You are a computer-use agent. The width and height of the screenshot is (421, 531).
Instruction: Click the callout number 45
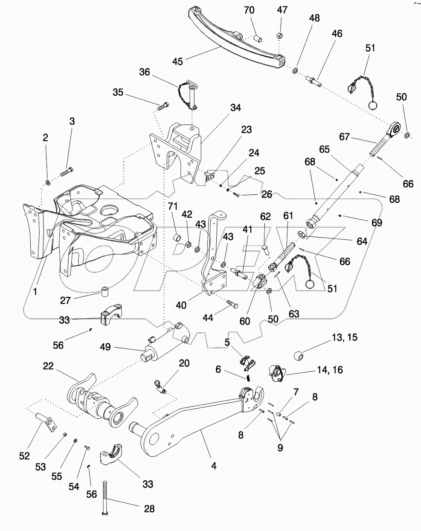coord(178,61)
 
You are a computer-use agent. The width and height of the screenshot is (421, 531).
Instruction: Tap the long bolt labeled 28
coord(105,499)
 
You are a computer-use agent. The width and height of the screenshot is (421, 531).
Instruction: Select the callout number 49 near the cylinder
coord(106,347)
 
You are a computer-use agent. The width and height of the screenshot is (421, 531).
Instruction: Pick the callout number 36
coord(145,72)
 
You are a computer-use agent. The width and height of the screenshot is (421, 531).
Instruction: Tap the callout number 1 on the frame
coord(36,292)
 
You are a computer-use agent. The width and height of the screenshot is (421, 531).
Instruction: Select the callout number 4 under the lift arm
coord(214,466)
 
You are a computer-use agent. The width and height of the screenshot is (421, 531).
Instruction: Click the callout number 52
coord(24,456)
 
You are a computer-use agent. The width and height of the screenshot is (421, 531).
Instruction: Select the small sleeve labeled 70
coord(258,38)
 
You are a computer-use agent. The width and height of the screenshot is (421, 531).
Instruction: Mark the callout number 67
coord(345,137)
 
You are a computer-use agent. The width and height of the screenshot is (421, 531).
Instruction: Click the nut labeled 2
coord(48,183)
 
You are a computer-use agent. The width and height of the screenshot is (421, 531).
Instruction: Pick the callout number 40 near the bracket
coord(181,305)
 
